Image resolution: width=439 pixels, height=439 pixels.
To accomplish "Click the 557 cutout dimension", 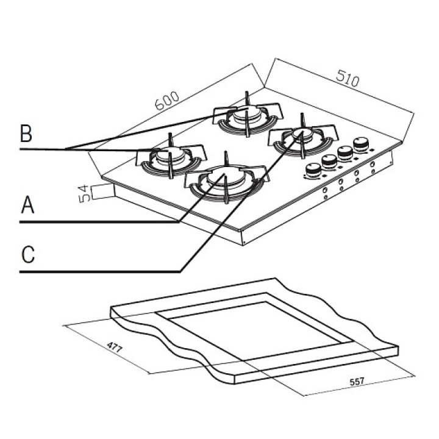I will (357, 382).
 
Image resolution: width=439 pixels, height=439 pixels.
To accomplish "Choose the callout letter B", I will (26, 132).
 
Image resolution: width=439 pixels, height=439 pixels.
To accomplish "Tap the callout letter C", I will (26, 255).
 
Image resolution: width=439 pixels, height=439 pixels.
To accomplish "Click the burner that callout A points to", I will (224, 178).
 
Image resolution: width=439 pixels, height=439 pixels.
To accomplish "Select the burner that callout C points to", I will (301, 135).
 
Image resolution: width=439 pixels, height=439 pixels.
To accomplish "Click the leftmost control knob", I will (312, 171).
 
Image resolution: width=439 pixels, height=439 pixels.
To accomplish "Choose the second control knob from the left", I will (330, 162).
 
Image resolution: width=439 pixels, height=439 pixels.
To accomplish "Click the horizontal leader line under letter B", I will (43, 149).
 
